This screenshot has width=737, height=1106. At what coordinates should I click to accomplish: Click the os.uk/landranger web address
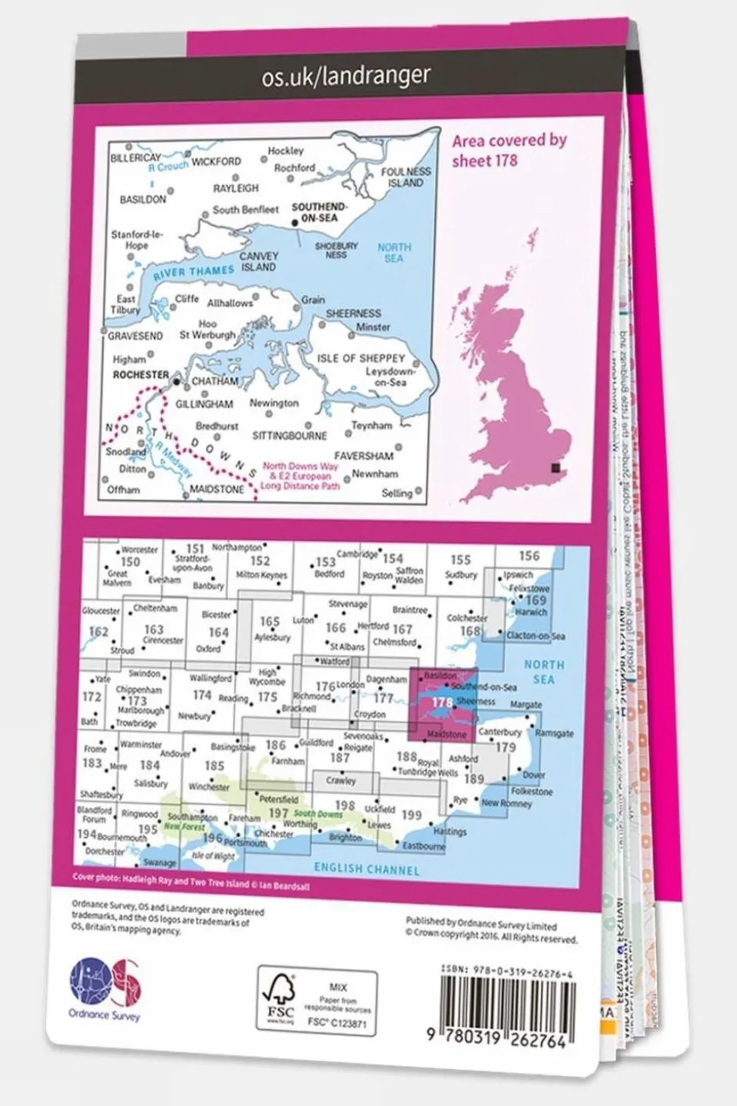345,76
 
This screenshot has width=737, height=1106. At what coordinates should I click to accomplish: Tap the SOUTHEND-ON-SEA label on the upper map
319,212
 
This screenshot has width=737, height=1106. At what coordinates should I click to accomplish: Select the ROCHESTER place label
140,375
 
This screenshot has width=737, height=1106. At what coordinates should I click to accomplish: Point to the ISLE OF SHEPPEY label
361,358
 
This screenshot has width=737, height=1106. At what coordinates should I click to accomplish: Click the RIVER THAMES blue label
193,272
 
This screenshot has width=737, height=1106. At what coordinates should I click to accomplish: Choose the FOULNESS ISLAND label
405,178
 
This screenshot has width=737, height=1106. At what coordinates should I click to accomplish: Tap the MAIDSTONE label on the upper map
217,489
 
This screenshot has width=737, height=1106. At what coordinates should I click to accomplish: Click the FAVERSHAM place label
364,456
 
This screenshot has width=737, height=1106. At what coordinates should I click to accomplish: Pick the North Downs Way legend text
300,476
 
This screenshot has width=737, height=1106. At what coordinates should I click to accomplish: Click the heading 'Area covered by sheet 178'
508,151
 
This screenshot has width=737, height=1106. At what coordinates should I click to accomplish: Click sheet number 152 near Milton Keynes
260,561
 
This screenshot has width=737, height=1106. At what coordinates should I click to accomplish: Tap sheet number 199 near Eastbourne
411,815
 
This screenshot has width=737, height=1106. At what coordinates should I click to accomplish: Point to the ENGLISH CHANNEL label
367,869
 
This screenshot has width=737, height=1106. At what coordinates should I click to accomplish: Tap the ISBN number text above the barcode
506,973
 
